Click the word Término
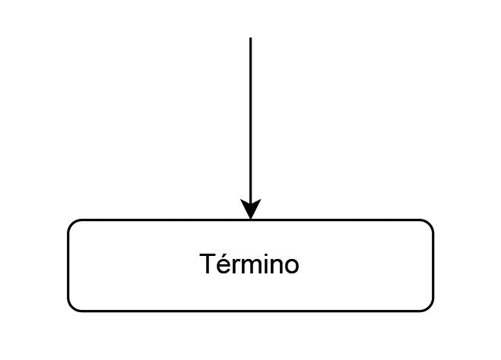[x=249, y=265]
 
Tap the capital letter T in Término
[x=208, y=264]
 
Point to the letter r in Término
[x=234, y=267]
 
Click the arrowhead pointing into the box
[x=250, y=209]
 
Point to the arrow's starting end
[x=250, y=39]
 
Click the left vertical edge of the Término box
[x=68, y=266]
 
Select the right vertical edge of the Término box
[x=433, y=266]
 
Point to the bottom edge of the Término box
[x=251, y=311]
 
